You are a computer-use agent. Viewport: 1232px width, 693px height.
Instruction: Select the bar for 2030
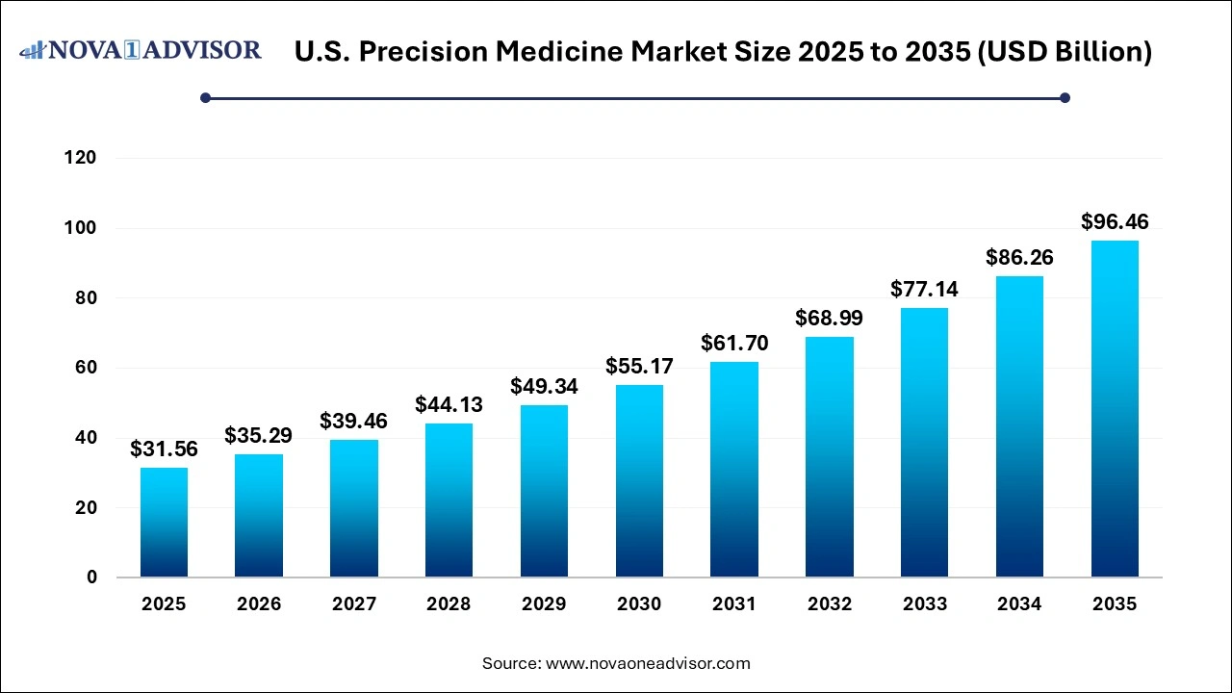pos(639,481)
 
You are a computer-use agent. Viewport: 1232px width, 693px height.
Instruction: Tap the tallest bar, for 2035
pos(1115,409)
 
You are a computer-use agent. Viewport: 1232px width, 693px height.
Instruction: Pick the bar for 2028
pos(449,500)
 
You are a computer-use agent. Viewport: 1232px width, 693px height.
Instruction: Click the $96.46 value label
pos(1115,222)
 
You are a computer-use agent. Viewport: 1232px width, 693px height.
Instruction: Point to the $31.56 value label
pos(164,449)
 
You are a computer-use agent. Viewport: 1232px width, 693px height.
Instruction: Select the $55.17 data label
pos(639,366)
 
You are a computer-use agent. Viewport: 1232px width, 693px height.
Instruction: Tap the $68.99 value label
pos(830,318)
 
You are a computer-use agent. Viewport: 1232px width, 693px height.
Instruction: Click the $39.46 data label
pos(353,422)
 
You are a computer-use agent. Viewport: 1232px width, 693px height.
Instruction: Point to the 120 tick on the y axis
pos(81,158)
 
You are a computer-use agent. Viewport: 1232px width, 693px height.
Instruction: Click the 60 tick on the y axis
pos(87,368)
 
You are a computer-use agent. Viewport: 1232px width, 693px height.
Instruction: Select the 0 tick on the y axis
pos(91,577)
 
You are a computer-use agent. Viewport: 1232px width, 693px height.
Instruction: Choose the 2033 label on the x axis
pos(924,604)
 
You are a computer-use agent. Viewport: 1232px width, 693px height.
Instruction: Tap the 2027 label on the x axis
pos(353,604)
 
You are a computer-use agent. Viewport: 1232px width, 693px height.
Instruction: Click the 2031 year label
pos(734,604)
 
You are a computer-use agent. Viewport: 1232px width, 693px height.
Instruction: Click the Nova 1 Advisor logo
pos(141,50)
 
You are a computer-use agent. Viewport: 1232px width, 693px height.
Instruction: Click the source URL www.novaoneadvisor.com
pos(648,663)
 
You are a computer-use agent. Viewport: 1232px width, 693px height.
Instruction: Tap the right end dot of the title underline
pos(1065,97)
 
